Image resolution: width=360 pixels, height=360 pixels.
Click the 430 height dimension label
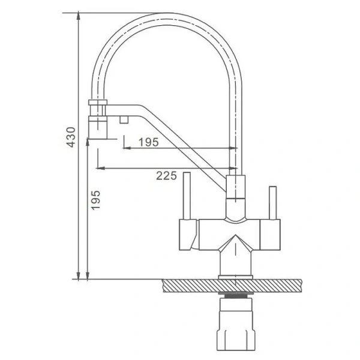pos(71,137)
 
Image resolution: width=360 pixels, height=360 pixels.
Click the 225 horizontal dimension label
pos(166,176)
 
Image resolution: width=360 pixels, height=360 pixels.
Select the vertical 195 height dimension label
pos(95,200)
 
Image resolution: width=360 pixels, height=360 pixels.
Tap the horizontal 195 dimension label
pos(149,142)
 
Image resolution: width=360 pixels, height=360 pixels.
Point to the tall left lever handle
pos(187,196)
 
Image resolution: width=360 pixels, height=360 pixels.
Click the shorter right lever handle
pos(273,203)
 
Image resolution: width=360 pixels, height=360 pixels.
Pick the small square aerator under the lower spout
pos(124,119)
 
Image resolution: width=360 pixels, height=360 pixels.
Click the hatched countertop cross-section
pos(232,286)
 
